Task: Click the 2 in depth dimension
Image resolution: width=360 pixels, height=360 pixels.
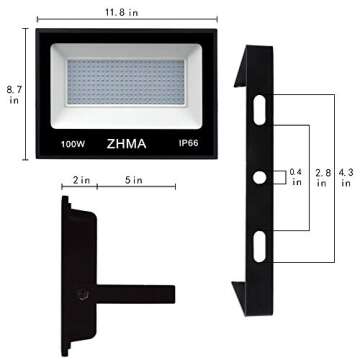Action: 81,182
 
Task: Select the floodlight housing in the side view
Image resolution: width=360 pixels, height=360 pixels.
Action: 80,270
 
